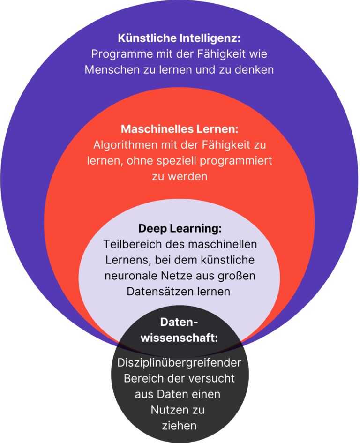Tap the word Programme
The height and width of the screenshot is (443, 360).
click(x=115, y=54)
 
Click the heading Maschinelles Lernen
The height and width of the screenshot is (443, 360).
click(x=180, y=129)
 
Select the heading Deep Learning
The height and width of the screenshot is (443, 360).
click(x=180, y=229)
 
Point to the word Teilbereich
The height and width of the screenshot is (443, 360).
click(x=126, y=244)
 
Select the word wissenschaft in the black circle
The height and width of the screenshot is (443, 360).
click(x=180, y=338)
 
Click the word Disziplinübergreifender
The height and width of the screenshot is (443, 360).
click(x=180, y=363)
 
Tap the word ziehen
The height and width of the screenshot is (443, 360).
click(x=180, y=425)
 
